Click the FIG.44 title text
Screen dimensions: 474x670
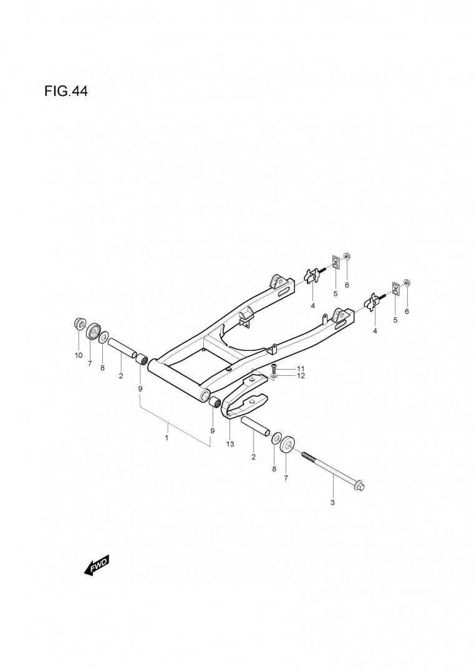point(66,91)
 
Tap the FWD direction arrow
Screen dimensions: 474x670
point(97,565)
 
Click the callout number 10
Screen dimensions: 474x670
point(79,355)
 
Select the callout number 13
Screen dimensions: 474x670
point(230,444)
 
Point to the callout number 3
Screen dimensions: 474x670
point(332,502)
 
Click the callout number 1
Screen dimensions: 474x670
point(167,438)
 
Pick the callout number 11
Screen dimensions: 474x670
point(301,368)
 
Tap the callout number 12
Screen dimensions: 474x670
point(301,376)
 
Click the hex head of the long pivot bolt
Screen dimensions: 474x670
point(359,486)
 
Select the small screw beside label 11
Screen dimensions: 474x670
point(274,368)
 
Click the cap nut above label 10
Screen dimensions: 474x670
point(79,323)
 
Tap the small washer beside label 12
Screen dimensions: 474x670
point(274,376)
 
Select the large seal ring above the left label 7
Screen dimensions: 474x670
point(93,332)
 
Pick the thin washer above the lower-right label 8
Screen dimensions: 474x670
point(276,438)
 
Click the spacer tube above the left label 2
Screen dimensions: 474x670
point(122,348)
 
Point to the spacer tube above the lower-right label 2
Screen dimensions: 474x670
point(256,426)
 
